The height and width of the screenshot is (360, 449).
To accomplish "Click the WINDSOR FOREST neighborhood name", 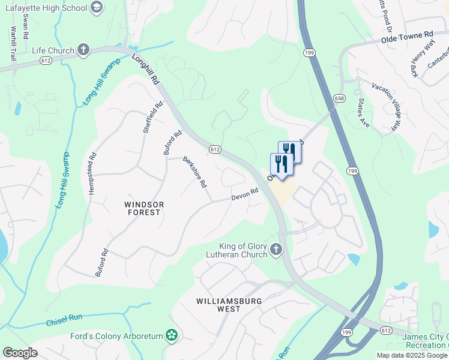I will [143, 208].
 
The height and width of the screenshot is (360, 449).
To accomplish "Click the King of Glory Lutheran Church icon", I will [276, 249].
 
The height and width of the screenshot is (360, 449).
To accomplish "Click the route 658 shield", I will [339, 98].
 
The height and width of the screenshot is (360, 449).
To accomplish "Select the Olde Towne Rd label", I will [406, 38].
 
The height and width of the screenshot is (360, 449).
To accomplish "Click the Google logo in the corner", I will [20, 353].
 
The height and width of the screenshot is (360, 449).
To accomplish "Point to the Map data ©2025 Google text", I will [411, 355].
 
